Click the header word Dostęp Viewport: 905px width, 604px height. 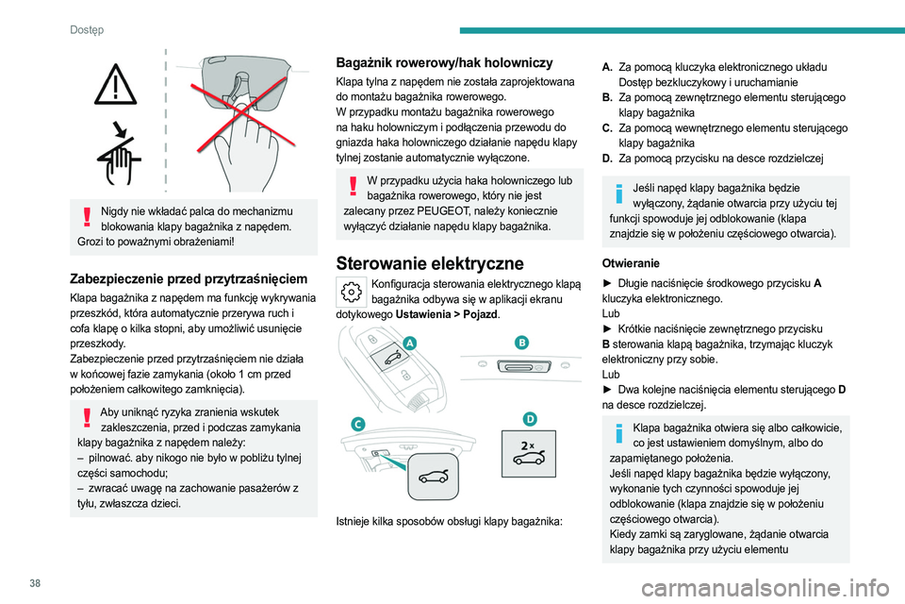(87, 30)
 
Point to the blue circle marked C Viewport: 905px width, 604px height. (359, 425)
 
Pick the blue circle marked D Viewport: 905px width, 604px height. (530, 419)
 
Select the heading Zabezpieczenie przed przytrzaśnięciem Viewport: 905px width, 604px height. (189, 278)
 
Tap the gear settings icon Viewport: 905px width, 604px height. (350, 290)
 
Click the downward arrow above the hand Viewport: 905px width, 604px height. (122, 128)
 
